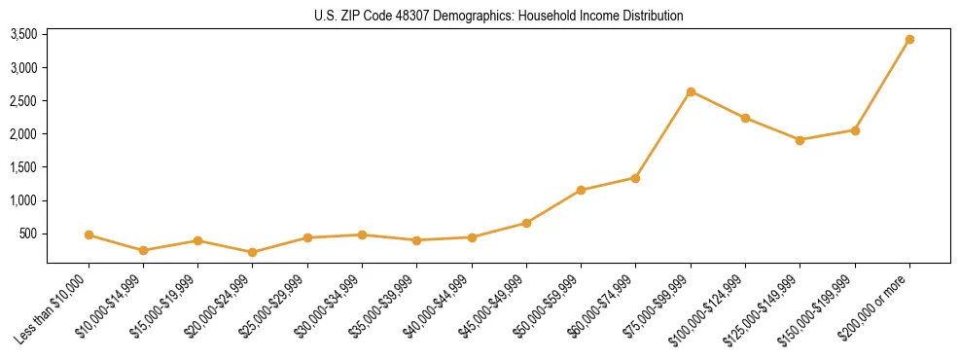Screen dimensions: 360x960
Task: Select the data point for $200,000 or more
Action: point(909,40)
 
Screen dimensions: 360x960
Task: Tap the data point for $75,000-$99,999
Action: point(691,91)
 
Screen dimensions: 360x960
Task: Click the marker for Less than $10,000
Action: point(89,234)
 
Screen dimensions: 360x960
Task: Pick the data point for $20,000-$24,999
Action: point(253,252)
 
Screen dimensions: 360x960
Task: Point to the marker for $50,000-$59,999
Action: point(581,190)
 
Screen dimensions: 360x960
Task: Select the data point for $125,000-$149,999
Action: point(800,140)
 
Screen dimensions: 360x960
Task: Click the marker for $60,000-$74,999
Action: point(635,178)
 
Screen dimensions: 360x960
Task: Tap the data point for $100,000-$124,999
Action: point(745,119)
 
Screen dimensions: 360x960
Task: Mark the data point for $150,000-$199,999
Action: point(855,130)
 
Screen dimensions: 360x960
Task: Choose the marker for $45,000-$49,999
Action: point(526,223)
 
